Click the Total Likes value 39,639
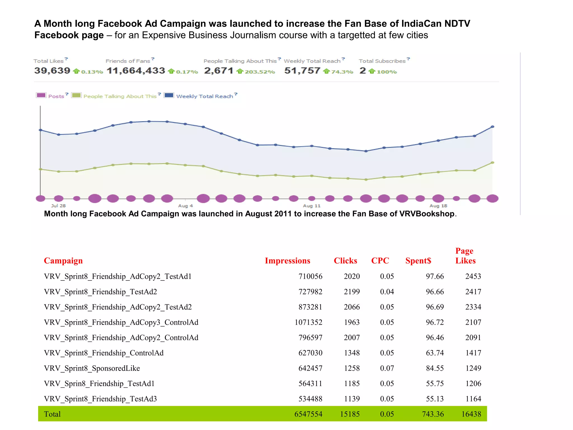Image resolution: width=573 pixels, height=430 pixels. tap(52, 71)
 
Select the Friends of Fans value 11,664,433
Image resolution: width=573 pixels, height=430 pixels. tap(136, 71)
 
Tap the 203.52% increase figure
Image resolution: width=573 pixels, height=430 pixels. tap(260, 72)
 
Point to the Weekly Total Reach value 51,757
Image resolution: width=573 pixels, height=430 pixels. tap(302, 71)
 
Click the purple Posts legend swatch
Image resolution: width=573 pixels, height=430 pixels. tap(41, 95)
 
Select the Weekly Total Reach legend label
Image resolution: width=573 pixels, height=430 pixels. tap(205, 96)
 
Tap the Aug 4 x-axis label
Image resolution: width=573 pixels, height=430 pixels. tap(185, 206)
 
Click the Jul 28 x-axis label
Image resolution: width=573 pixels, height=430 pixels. tap(58, 206)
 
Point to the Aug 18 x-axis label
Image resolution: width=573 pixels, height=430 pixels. tap(438, 206)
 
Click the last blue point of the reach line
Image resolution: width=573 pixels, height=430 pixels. tap(492, 127)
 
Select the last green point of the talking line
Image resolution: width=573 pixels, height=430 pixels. tap(492, 163)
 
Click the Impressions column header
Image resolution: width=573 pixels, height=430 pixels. tap(287, 261)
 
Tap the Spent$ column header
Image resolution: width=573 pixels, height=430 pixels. tap(418, 261)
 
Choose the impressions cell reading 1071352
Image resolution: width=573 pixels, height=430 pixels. tap(308, 322)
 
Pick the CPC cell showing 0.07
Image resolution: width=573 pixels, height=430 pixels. tap(387, 368)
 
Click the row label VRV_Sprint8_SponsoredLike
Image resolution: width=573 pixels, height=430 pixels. tap(92, 368)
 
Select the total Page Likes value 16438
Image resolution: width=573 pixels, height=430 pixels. tap(471, 414)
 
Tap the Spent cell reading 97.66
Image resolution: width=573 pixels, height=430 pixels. tap(435, 276)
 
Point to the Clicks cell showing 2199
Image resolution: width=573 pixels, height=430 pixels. tap(352, 292)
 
